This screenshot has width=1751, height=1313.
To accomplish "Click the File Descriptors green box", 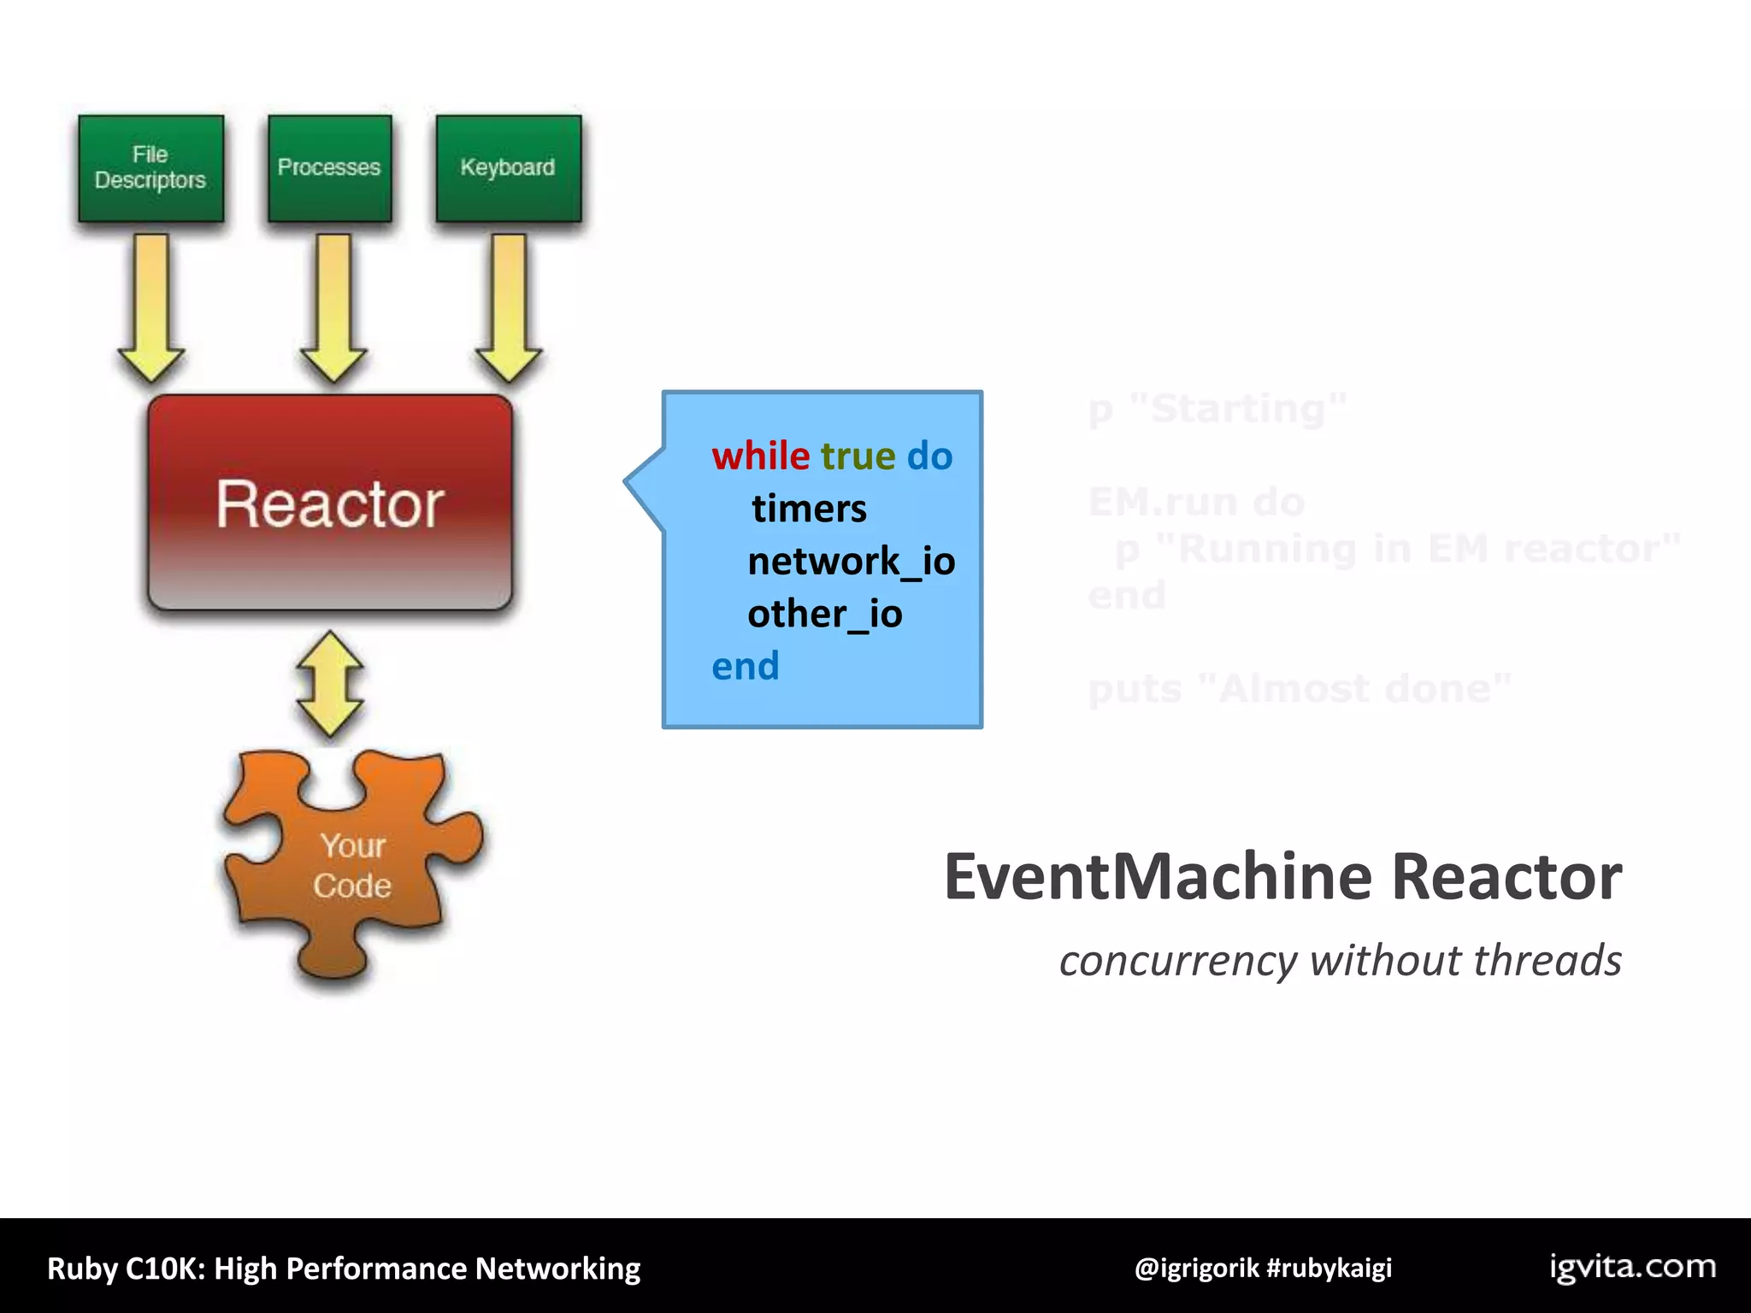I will pyautogui.click(x=150, y=168).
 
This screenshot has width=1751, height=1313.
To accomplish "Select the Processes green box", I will pyautogui.click(x=329, y=168).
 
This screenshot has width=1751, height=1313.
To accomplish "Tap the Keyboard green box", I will pyautogui.click(x=508, y=168).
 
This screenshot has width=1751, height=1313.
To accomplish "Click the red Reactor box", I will pyautogui.click(x=330, y=503).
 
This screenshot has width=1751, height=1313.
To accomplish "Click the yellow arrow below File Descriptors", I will pyautogui.click(x=150, y=308).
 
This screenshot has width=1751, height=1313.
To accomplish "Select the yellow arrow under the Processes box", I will pyautogui.click(x=333, y=308).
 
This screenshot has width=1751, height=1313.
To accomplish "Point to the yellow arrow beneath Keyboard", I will pyautogui.click(x=509, y=308).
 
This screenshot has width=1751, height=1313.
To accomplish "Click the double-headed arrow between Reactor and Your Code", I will pyautogui.click(x=330, y=684).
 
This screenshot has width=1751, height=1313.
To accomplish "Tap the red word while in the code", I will pyautogui.click(x=760, y=456).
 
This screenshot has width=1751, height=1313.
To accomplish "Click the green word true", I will pyautogui.click(x=858, y=456).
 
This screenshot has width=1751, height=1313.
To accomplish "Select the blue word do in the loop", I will pyautogui.click(x=929, y=456).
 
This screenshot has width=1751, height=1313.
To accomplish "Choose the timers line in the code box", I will pyautogui.click(x=809, y=509).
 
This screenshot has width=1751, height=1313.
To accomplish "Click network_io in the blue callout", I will pyautogui.click(x=851, y=562).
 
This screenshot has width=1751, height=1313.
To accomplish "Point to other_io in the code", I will pyautogui.click(x=824, y=614).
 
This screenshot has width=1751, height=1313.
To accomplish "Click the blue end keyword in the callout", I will pyautogui.click(x=745, y=666).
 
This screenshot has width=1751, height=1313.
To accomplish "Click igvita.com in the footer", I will pyautogui.click(x=1632, y=1267).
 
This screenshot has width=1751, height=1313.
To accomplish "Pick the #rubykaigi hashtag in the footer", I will pyautogui.click(x=1329, y=1268).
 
